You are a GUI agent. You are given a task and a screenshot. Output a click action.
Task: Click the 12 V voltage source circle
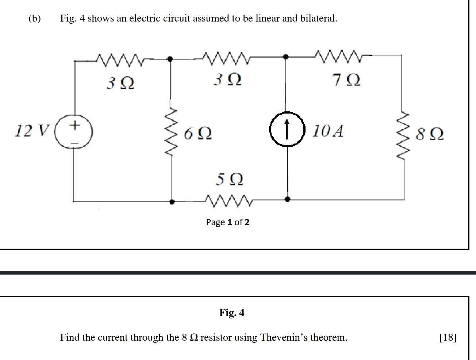(x=74, y=131)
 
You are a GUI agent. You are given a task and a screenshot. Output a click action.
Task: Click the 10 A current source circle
(x=287, y=129)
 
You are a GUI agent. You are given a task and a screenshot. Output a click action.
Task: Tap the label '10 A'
(x=327, y=131)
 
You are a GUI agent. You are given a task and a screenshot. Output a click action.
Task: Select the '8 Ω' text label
(x=430, y=134)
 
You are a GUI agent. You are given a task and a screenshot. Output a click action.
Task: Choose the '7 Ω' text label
(x=346, y=80)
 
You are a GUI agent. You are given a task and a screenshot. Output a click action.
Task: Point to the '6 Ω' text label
(x=197, y=133)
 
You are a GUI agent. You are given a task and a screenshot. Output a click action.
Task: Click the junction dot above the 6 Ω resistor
(x=170, y=58)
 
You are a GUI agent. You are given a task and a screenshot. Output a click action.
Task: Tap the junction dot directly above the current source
(x=286, y=57)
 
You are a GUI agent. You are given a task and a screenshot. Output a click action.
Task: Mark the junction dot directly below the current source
(x=287, y=199)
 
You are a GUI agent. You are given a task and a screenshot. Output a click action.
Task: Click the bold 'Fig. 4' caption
(x=232, y=313)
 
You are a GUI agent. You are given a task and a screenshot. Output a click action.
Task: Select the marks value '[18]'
(x=448, y=337)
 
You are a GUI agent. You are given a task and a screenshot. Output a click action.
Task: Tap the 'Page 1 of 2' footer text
(x=228, y=222)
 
